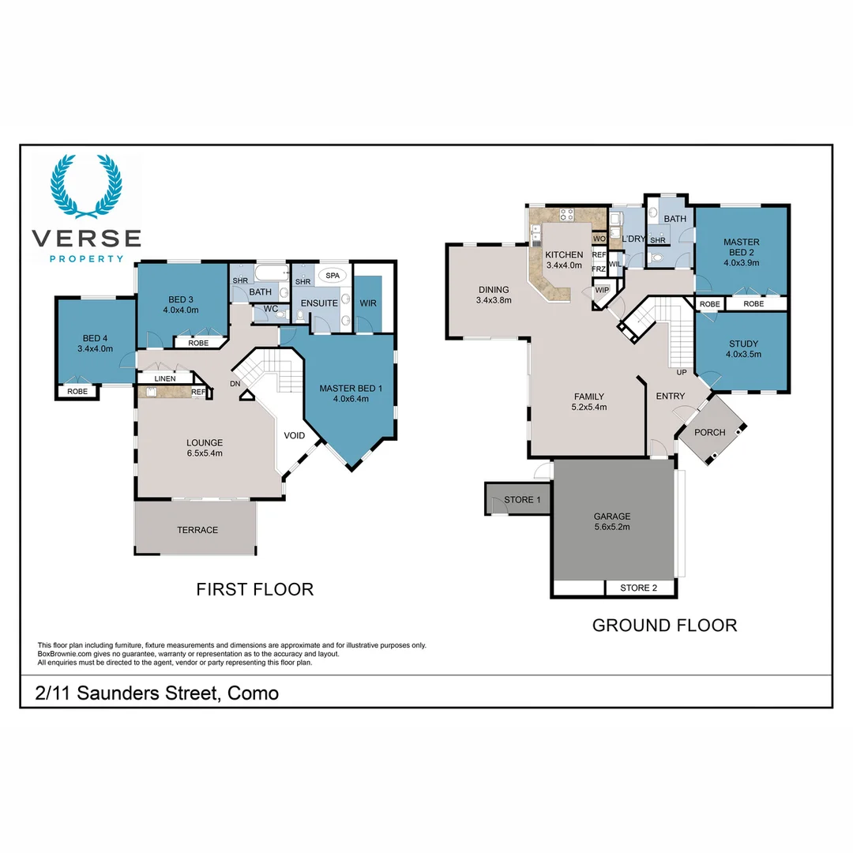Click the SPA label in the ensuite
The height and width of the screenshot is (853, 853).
(x=333, y=276)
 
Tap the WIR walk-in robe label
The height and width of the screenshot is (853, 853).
(x=368, y=303)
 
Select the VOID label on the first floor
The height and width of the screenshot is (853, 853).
(x=295, y=435)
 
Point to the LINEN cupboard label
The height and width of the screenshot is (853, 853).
(x=165, y=378)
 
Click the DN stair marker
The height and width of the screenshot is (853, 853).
(x=235, y=384)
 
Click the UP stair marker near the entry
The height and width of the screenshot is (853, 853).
(x=682, y=372)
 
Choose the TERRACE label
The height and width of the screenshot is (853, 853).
(x=197, y=530)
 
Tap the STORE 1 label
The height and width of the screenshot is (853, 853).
(x=522, y=499)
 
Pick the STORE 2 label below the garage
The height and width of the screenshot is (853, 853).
(x=639, y=588)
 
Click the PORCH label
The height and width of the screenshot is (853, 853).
(x=710, y=432)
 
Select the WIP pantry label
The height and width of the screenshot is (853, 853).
(x=602, y=290)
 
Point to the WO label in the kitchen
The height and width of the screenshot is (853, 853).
(x=599, y=239)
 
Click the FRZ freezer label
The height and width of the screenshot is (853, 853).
(x=599, y=269)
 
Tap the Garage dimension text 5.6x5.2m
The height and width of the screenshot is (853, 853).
(x=612, y=527)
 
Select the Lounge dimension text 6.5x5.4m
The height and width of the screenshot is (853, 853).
(x=205, y=453)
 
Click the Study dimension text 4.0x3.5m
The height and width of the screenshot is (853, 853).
(x=743, y=354)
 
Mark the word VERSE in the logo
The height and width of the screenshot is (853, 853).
(x=87, y=239)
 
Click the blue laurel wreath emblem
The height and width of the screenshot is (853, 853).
(x=87, y=186)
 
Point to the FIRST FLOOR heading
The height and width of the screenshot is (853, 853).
(x=254, y=589)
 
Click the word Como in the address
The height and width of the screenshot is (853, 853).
(x=253, y=693)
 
